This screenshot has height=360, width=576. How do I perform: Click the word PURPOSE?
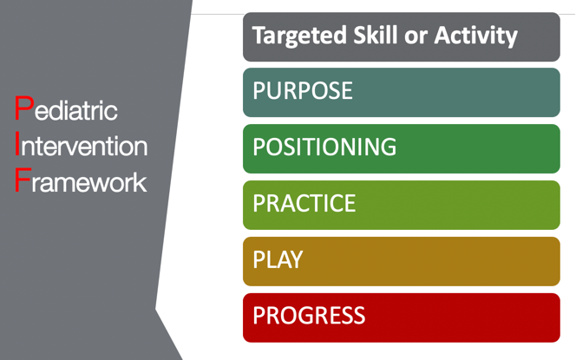pos(303,90)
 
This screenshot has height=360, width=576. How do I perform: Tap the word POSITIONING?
pos(324,147)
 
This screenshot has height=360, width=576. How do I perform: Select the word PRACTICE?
pos(304,203)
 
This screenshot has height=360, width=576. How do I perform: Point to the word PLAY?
pos(278,259)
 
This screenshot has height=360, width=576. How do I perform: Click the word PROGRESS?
pos(309,315)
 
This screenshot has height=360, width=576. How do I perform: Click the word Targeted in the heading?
pos(299,36)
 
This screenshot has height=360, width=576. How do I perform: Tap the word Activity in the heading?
pos(476,36)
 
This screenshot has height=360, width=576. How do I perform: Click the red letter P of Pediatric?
pos(24,108)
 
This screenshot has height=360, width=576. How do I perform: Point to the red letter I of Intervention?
pos(17,144)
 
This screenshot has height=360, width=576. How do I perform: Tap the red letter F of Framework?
pos(23,180)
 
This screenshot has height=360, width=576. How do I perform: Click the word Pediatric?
pos(66,108)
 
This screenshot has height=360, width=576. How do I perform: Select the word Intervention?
pos(82,144)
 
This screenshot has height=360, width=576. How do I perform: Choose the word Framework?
pos(81,180)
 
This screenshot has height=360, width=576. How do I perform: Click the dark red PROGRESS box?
pos(402,317)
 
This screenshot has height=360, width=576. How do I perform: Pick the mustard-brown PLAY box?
pos(402,262)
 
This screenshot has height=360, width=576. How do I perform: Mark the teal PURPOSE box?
pos(402,93)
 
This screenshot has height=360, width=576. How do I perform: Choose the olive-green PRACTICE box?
pos(402,205)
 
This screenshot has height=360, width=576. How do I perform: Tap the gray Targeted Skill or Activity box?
pos(402,36)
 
